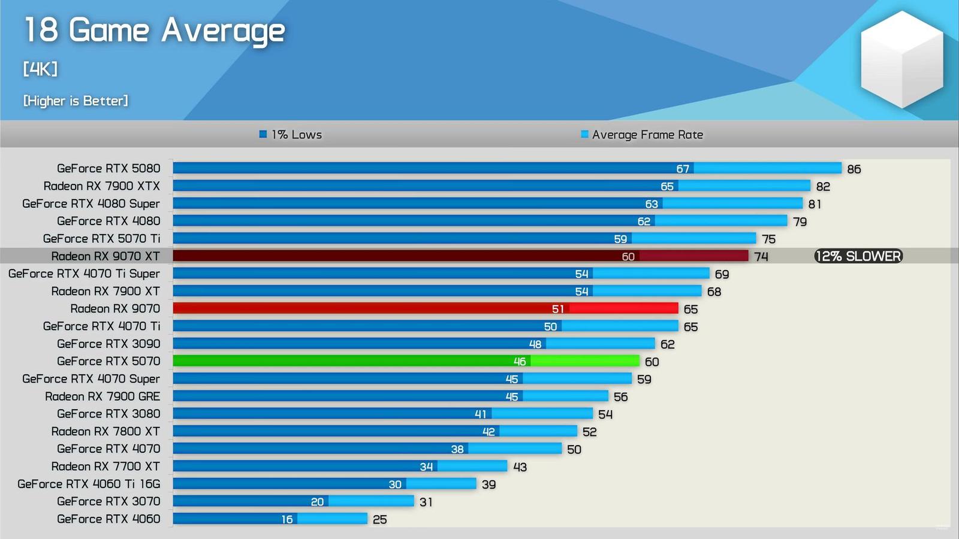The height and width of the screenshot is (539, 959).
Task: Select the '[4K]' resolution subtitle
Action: tap(40, 69)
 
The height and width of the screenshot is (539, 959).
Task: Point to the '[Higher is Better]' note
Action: tap(76, 101)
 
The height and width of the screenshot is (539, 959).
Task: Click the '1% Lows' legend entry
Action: tap(291, 135)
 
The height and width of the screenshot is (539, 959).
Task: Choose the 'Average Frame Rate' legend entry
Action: tap(642, 135)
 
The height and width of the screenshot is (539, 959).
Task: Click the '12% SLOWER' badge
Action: tap(858, 256)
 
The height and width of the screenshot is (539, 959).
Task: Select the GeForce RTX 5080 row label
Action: tap(108, 168)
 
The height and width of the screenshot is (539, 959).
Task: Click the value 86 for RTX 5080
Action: tap(854, 169)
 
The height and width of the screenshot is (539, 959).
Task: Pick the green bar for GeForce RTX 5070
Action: tap(406, 361)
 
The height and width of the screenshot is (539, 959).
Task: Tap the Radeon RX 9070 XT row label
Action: tap(105, 256)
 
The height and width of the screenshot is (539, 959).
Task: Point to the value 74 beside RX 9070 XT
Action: tap(761, 256)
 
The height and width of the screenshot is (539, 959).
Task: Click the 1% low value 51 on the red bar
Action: tap(558, 309)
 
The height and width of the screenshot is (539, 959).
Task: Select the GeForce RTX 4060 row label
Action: tap(108, 519)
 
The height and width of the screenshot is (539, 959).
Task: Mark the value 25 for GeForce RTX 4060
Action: tap(380, 519)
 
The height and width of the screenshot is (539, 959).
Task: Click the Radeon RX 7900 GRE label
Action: tap(102, 396)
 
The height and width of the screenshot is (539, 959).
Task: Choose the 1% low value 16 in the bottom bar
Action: tap(287, 519)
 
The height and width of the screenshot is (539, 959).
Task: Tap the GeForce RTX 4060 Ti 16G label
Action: tap(89, 484)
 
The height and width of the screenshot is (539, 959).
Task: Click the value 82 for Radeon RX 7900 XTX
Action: tap(823, 186)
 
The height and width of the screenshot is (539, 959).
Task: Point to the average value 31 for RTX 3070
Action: tap(426, 502)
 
